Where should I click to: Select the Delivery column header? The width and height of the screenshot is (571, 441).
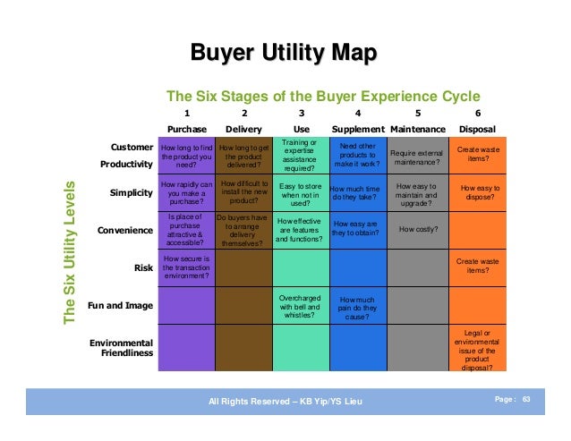pyautogui.click(x=244, y=129)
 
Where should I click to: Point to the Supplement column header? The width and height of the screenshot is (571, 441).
pyautogui.click(x=357, y=129)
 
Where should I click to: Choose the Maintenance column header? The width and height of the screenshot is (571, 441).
pyautogui.click(x=418, y=129)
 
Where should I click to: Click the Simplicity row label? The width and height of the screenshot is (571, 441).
pyautogui.click(x=131, y=192)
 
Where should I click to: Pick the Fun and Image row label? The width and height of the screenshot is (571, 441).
pyautogui.click(x=120, y=305)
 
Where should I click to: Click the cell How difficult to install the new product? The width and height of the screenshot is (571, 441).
pyautogui.click(x=243, y=192)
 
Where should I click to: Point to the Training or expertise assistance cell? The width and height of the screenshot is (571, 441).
pyautogui.click(x=301, y=155)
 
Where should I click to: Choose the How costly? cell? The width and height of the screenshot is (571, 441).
pyautogui.click(x=418, y=230)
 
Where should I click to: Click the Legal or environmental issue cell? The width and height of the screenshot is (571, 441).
pyautogui.click(x=476, y=350)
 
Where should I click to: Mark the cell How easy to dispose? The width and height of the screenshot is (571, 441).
pyautogui.click(x=476, y=192)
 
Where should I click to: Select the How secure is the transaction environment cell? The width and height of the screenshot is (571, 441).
pyautogui.click(x=186, y=266)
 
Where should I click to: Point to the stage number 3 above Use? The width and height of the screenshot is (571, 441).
pyautogui.click(x=301, y=113)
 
